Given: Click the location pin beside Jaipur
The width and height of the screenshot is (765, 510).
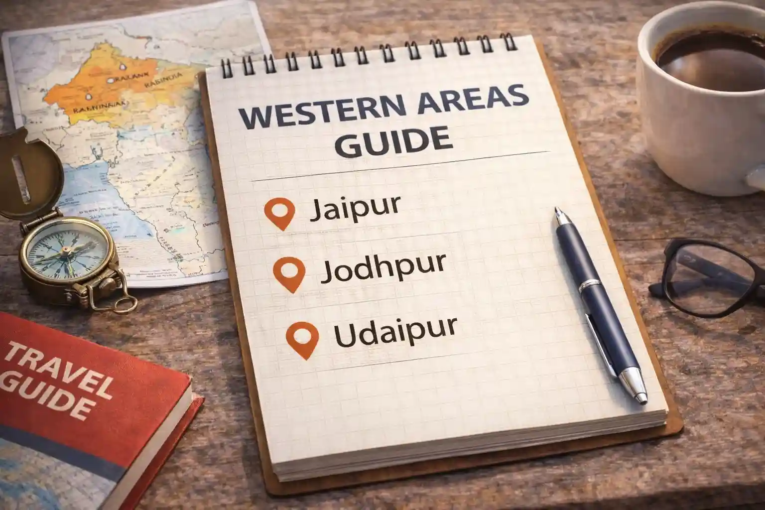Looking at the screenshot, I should pos(280,212).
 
